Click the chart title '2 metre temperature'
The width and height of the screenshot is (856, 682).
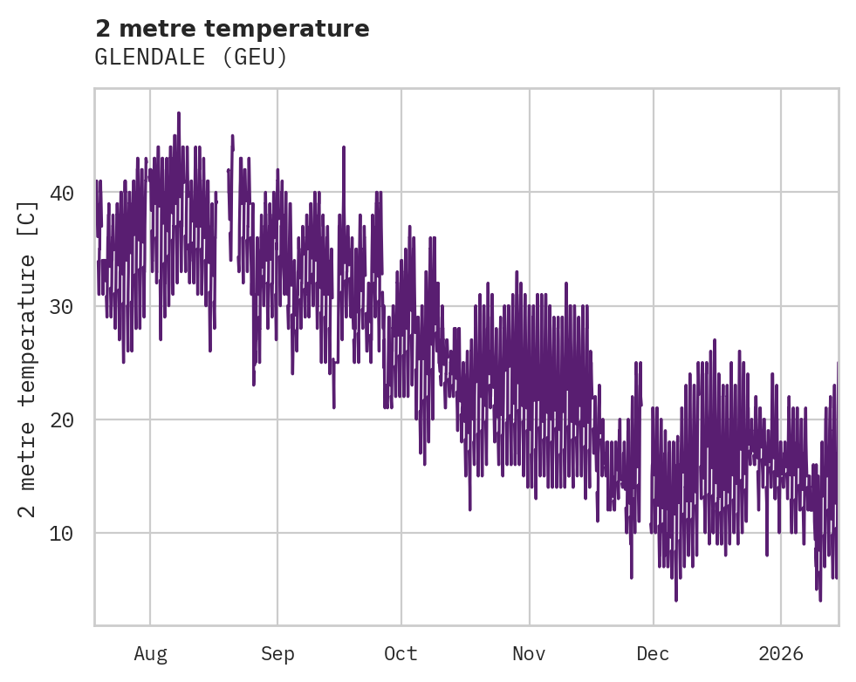point(232,29)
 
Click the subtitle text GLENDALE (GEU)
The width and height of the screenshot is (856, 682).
point(191,58)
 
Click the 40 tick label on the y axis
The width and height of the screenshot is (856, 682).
point(61,193)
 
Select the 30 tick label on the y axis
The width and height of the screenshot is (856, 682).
point(61,306)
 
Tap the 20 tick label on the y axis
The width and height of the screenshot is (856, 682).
point(61,419)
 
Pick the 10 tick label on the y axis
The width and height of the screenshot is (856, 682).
point(61,533)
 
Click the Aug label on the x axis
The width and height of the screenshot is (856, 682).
point(150,654)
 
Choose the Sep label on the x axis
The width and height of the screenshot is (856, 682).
point(277,654)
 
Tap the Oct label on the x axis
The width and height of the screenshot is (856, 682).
point(401,654)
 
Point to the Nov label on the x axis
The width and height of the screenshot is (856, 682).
point(530,654)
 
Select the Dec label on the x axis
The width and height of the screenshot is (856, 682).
point(653,654)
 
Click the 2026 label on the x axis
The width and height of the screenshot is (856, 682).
point(781,654)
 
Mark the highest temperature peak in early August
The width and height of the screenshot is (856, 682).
point(179,113)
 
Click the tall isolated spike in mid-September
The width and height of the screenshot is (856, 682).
point(344,147)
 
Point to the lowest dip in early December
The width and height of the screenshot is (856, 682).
point(675,599)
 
